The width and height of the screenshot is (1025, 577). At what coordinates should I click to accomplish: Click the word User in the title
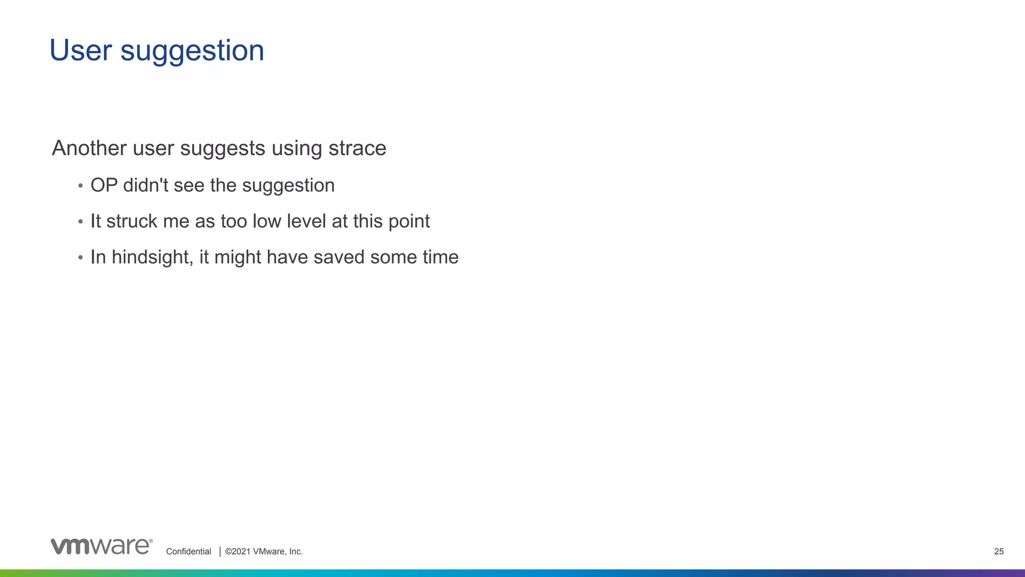[x=80, y=51]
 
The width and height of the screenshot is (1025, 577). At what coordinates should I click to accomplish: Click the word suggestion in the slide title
[x=192, y=52]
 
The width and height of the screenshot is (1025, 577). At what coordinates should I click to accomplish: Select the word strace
[x=357, y=148]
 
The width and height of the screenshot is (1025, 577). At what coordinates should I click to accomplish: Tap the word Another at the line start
[x=89, y=148]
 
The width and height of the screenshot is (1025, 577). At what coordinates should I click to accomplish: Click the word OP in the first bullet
[x=104, y=185]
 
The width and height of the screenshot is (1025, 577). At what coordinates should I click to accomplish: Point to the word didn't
[x=146, y=185]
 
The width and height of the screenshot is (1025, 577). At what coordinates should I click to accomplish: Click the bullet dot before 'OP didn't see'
[x=81, y=186]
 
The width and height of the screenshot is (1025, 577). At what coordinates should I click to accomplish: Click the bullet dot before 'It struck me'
[x=81, y=222]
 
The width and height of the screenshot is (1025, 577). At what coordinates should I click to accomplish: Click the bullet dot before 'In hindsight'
[x=81, y=258]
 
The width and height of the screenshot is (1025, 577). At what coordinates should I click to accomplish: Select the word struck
[x=132, y=221]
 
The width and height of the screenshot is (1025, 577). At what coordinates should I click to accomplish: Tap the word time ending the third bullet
[x=440, y=257]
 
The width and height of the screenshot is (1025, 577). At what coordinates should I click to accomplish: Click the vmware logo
[x=102, y=546]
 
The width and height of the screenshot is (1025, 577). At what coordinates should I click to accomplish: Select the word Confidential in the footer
[x=188, y=551]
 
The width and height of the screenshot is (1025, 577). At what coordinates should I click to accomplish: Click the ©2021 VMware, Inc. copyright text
[x=264, y=551]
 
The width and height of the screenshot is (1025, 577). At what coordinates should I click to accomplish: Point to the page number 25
[x=998, y=551]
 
